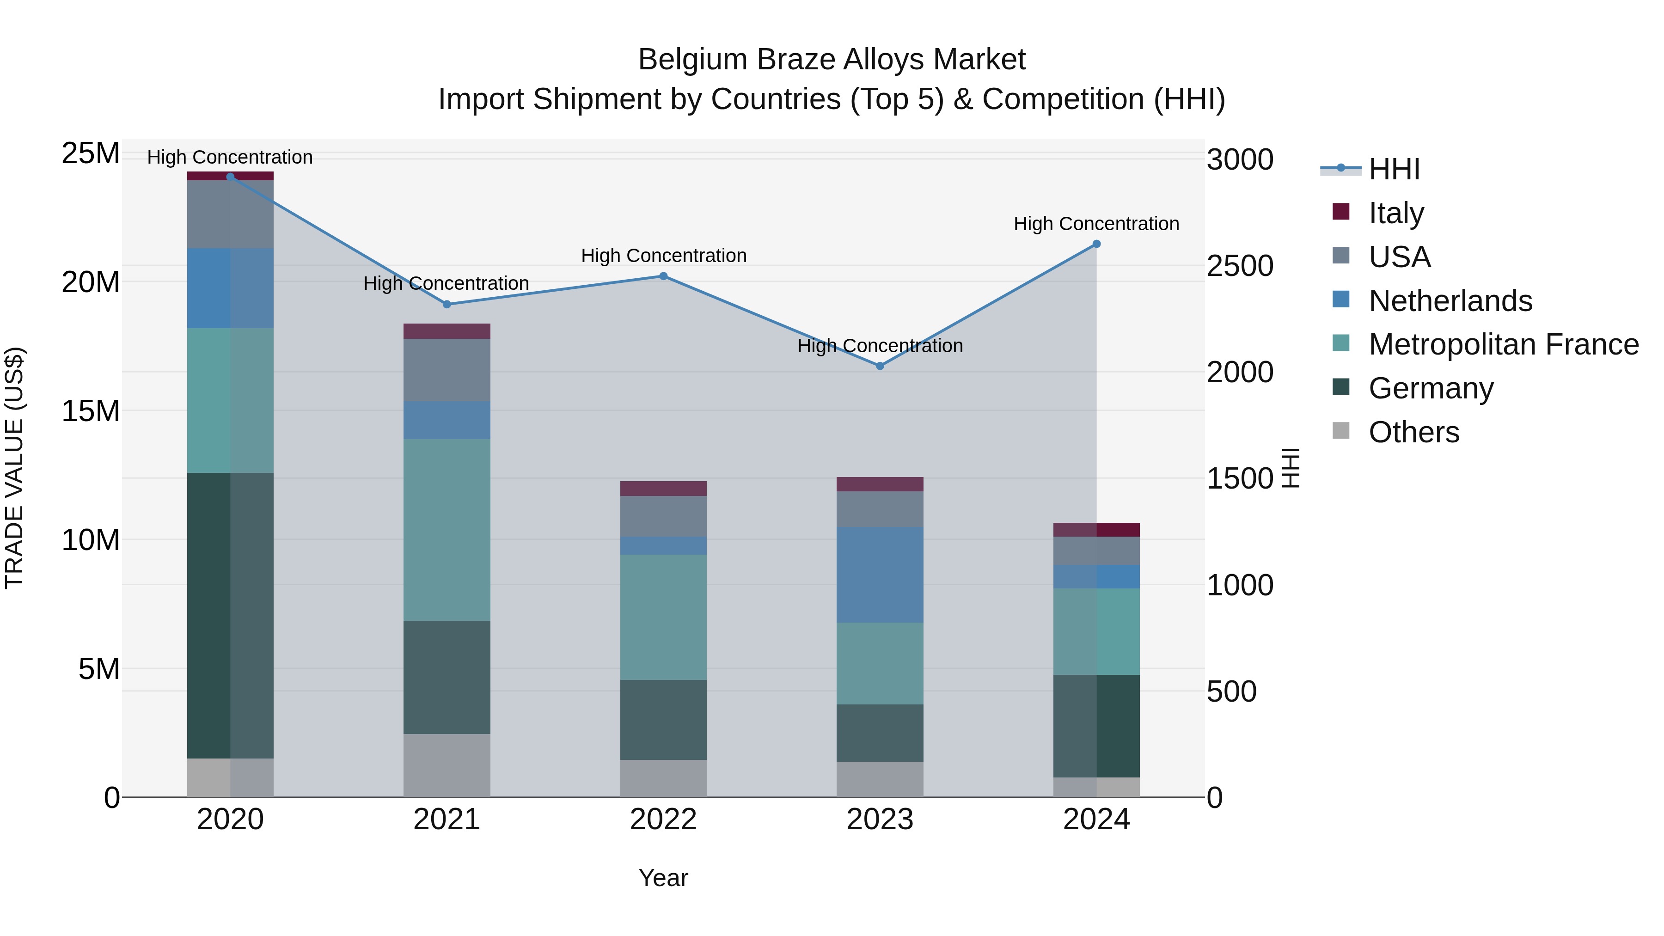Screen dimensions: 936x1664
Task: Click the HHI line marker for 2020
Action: (231, 177)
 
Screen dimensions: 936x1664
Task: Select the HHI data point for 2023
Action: (880, 366)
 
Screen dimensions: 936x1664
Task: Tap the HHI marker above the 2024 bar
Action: (1096, 244)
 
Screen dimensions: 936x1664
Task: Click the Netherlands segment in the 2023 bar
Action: (880, 575)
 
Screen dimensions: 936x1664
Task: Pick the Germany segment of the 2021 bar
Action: (447, 677)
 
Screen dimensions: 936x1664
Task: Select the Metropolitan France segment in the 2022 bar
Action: (663, 617)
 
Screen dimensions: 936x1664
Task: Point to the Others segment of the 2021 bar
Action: (447, 765)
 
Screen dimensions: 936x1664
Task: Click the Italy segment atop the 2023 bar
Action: (880, 484)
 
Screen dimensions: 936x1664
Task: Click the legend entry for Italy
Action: (1396, 213)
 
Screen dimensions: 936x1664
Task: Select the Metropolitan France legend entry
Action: (1503, 344)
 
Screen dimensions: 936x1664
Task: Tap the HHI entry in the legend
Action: (1394, 169)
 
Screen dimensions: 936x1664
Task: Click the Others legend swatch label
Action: (1413, 432)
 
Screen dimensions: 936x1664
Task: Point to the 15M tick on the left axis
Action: (91, 411)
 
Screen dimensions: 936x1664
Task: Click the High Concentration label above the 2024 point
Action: (1096, 224)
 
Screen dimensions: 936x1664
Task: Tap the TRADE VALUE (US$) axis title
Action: (14, 468)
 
